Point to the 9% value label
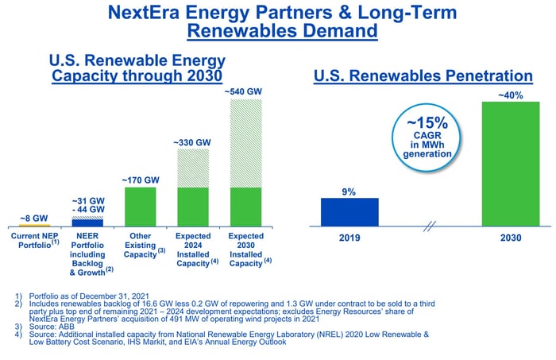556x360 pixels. [x=349, y=192]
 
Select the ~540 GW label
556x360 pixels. [x=246, y=92]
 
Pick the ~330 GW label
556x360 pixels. [x=193, y=141]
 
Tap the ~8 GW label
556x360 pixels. [x=34, y=217]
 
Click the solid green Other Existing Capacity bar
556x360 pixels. [x=141, y=207]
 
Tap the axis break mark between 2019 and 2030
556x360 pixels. [x=430, y=227]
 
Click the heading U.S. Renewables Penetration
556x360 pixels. [x=423, y=76]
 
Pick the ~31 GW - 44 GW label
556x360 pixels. [x=87, y=204]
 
